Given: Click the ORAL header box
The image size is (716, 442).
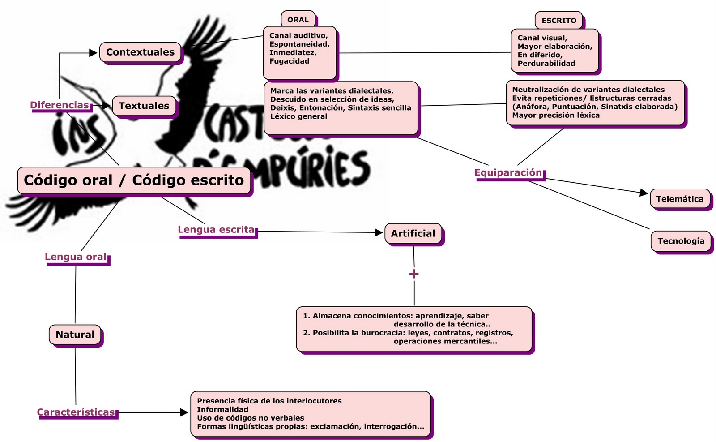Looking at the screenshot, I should (x=298, y=20).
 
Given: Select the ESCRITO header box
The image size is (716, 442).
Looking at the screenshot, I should (x=559, y=21).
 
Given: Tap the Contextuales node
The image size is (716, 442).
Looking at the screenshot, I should (x=140, y=52).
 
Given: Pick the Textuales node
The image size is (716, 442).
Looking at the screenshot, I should (x=144, y=106).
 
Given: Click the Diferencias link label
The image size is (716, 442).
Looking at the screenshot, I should (x=60, y=105).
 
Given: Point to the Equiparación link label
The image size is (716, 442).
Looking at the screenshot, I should (x=508, y=172).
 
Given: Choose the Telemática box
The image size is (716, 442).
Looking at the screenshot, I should (x=679, y=199).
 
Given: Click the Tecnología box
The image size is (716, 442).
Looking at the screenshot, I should (x=681, y=241).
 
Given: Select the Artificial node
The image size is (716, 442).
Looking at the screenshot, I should (x=413, y=233).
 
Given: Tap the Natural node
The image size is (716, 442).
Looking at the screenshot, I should (x=75, y=335).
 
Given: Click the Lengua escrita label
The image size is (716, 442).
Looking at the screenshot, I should (x=216, y=230).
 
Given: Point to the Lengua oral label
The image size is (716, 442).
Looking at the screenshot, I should (x=76, y=257).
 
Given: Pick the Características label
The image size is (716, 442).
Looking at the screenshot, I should (x=76, y=412).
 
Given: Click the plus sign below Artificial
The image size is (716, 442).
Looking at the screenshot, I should (x=414, y=274).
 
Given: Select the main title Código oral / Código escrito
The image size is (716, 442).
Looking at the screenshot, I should (x=134, y=180).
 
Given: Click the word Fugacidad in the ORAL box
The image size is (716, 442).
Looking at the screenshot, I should (x=289, y=61).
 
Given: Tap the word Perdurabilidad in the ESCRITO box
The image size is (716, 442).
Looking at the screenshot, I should (x=546, y=64).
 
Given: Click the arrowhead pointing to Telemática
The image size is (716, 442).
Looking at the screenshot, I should (x=644, y=193).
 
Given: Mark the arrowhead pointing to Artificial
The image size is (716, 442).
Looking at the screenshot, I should (x=379, y=232).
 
